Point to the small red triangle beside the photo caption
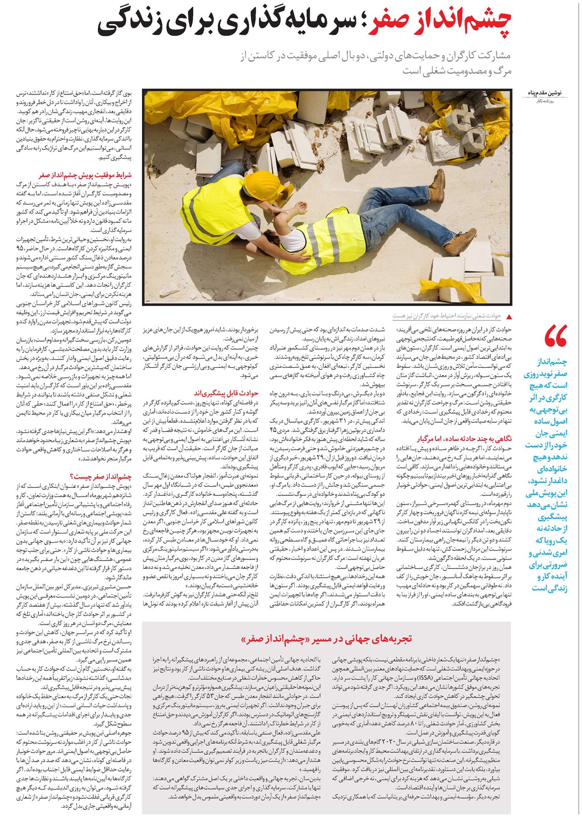tap(508, 317)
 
